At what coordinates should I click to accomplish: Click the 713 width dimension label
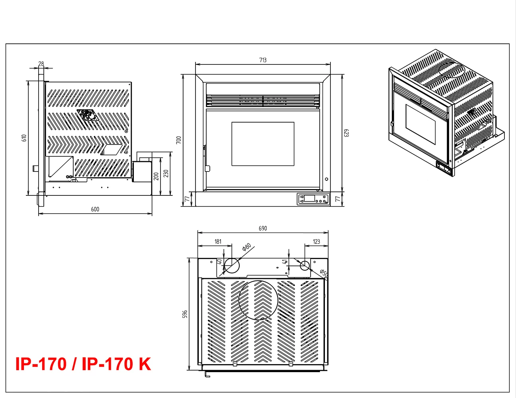tap(263, 60)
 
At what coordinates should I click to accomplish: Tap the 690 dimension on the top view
tap(263, 228)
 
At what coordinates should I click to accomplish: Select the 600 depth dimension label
tap(95, 209)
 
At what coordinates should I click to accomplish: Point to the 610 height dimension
tap(24, 138)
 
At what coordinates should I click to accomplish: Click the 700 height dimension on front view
tap(179, 140)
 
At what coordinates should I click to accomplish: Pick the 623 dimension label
tap(346, 133)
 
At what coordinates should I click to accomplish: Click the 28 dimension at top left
tap(41, 64)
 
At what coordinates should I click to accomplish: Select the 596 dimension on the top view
tap(185, 314)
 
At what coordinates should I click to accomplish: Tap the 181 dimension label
tap(218, 242)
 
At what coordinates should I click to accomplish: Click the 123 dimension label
tap(317, 242)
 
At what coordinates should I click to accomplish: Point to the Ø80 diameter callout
tap(246, 247)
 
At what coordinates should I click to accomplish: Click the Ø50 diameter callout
tap(324, 273)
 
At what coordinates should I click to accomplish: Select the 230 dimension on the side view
tap(166, 174)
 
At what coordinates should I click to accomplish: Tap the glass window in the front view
tap(263, 144)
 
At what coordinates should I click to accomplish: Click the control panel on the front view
tap(313, 199)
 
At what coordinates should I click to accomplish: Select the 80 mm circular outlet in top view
tap(232, 265)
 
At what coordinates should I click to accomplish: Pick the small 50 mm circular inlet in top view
tap(305, 265)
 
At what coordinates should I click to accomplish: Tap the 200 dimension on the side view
tap(156, 176)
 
